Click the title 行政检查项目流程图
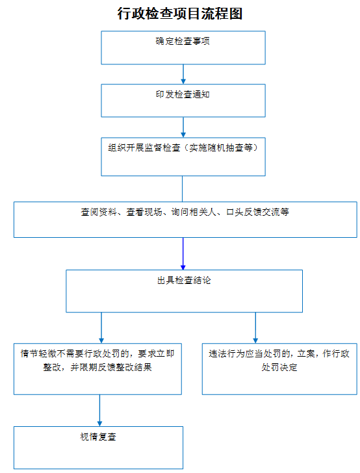pyautogui.click(x=180, y=14)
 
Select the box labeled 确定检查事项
pyautogui.click(x=183, y=47)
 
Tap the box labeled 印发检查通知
pyautogui.click(x=183, y=101)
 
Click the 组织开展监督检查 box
pyautogui.click(x=183, y=157)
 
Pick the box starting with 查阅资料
pyautogui.click(x=185, y=220)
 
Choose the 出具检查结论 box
pyautogui.click(x=184, y=291)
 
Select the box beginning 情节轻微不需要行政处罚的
pyautogui.click(x=97, y=369)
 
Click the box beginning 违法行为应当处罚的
pyautogui.click(x=279, y=369)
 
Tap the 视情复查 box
pyautogui.click(x=98, y=448)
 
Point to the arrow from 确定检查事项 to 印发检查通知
pyautogui.click(x=183, y=74)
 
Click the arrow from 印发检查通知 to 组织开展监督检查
pyautogui.click(x=183, y=127)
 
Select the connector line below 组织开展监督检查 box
pyautogui.click(x=182, y=189)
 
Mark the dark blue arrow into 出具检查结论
pyautogui.click(x=183, y=253)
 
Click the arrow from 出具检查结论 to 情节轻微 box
pyautogui.click(x=101, y=328)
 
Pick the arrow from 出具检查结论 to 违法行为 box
pyautogui.click(x=255, y=328)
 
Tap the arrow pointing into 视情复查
pyautogui.click(x=99, y=410)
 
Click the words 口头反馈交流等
pyautogui.click(x=258, y=212)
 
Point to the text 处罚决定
pyautogui.click(x=279, y=367)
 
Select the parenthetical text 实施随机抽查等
pyautogui.click(x=221, y=147)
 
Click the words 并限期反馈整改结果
pyautogui.click(x=111, y=367)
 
